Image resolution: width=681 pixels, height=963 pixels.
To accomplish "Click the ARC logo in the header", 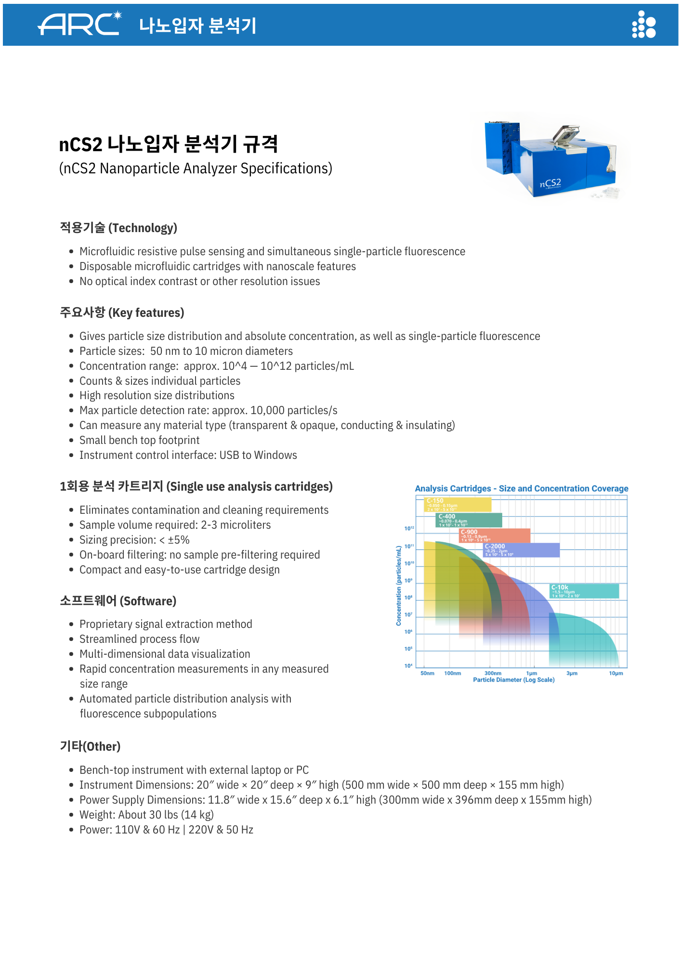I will pyautogui.click(x=79, y=24).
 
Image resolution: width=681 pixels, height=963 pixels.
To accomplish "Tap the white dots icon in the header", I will pyautogui.click(x=643, y=24).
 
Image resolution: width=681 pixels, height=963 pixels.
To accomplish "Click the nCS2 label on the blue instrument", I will pyautogui.click(x=550, y=183).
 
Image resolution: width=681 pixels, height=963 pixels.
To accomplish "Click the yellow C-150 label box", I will pyautogui.click(x=458, y=505).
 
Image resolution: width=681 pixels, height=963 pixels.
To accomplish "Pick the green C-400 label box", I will pyautogui.click(x=469, y=520).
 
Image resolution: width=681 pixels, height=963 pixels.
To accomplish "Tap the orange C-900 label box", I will pyautogui.click(x=495, y=535).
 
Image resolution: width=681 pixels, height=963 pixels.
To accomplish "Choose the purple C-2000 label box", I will pyautogui.click(x=521, y=550).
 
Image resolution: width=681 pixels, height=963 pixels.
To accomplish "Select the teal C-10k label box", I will pyautogui.click(x=584, y=591).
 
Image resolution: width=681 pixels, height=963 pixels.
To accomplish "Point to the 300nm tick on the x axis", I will pyautogui.click(x=493, y=673).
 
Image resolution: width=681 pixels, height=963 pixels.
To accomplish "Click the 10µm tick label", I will pyautogui.click(x=616, y=673).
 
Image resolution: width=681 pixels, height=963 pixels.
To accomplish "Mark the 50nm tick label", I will pyautogui.click(x=427, y=673).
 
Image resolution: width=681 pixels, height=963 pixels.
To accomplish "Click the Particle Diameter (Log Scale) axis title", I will pyautogui.click(x=513, y=680).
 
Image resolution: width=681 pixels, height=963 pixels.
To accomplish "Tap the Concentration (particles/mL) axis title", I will pyautogui.click(x=399, y=586).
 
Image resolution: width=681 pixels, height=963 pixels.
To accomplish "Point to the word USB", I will pyautogui.click(x=229, y=455).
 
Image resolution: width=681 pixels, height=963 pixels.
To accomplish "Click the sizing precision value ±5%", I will pyautogui.click(x=179, y=540).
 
